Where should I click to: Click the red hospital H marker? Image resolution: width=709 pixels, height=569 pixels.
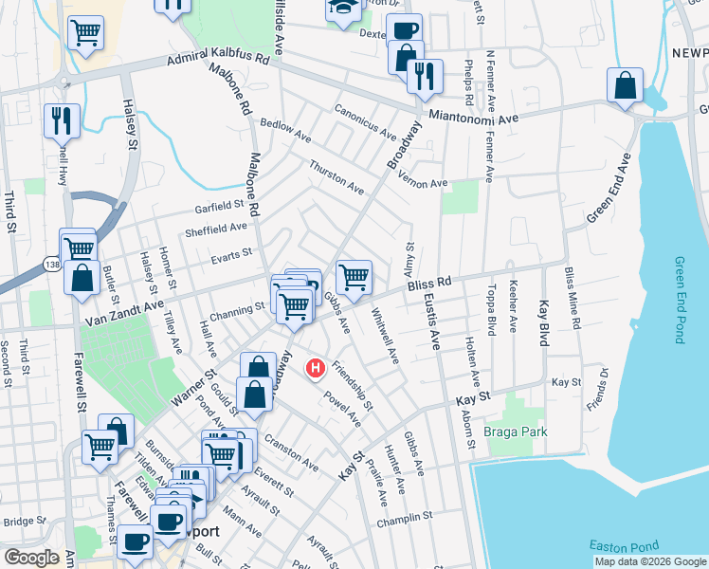(x=316, y=367)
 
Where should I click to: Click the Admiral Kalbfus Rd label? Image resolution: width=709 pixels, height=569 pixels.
(x=218, y=60)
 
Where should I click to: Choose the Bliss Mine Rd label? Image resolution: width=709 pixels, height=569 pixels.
(x=572, y=298)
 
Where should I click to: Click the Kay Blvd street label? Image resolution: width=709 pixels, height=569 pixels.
(x=544, y=322)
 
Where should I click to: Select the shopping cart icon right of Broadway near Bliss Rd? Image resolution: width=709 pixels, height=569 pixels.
(x=354, y=277)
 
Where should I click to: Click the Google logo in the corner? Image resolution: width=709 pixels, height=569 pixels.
(x=31, y=558)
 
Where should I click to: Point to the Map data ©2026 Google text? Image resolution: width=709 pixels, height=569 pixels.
(x=649, y=561)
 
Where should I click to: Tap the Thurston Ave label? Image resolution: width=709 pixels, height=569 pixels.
(x=336, y=176)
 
